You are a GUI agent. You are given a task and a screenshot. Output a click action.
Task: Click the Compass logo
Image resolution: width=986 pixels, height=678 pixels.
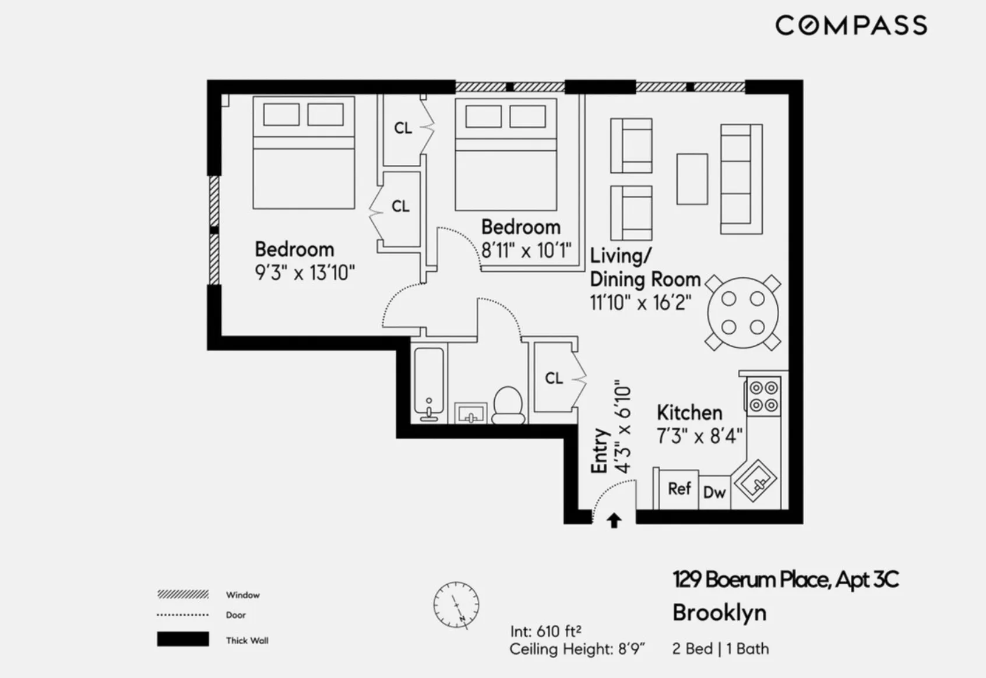coord(851,26)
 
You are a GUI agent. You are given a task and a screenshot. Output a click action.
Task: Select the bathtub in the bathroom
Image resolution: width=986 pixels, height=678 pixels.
coord(429,383)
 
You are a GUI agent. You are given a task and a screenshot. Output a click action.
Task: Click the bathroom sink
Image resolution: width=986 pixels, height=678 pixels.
coord(471,413)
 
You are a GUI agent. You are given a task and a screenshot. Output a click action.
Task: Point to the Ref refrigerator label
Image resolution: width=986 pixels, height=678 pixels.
coord(679,489)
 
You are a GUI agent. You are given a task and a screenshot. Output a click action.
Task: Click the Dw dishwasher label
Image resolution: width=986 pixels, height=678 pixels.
coord(714,492)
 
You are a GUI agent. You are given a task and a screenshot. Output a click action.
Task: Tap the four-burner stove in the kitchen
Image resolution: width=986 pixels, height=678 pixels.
coord(763,396)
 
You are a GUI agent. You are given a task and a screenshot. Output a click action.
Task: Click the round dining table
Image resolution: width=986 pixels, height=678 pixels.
coord(743,313)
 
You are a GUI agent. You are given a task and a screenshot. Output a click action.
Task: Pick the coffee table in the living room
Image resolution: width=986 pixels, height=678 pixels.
coord(692,179)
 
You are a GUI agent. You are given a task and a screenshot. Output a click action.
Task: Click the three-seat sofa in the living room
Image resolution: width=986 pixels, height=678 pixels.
coord(741,179)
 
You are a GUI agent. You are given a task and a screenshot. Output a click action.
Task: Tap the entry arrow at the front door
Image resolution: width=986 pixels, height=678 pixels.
coord(614,520)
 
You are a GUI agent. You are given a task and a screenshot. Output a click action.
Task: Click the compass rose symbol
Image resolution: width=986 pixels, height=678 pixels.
coord(456,605)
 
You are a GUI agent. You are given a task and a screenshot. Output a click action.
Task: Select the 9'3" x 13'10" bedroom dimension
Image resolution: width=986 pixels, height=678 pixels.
coord(305,273)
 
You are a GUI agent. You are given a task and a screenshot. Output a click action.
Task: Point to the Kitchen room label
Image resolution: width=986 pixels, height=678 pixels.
coord(689,412)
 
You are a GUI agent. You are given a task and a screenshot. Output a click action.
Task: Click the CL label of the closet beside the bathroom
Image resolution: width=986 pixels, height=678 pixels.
coord(554,378)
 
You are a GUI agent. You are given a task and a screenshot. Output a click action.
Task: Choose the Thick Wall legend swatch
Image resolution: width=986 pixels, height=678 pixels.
coord(183,639)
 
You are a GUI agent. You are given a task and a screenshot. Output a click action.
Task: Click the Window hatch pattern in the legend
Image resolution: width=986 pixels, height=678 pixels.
coord(183,594)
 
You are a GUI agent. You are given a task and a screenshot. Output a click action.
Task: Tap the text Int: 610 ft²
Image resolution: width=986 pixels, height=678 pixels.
coord(545,631)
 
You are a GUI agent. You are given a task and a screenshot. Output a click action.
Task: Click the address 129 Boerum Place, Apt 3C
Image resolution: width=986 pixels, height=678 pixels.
coord(786,580)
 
